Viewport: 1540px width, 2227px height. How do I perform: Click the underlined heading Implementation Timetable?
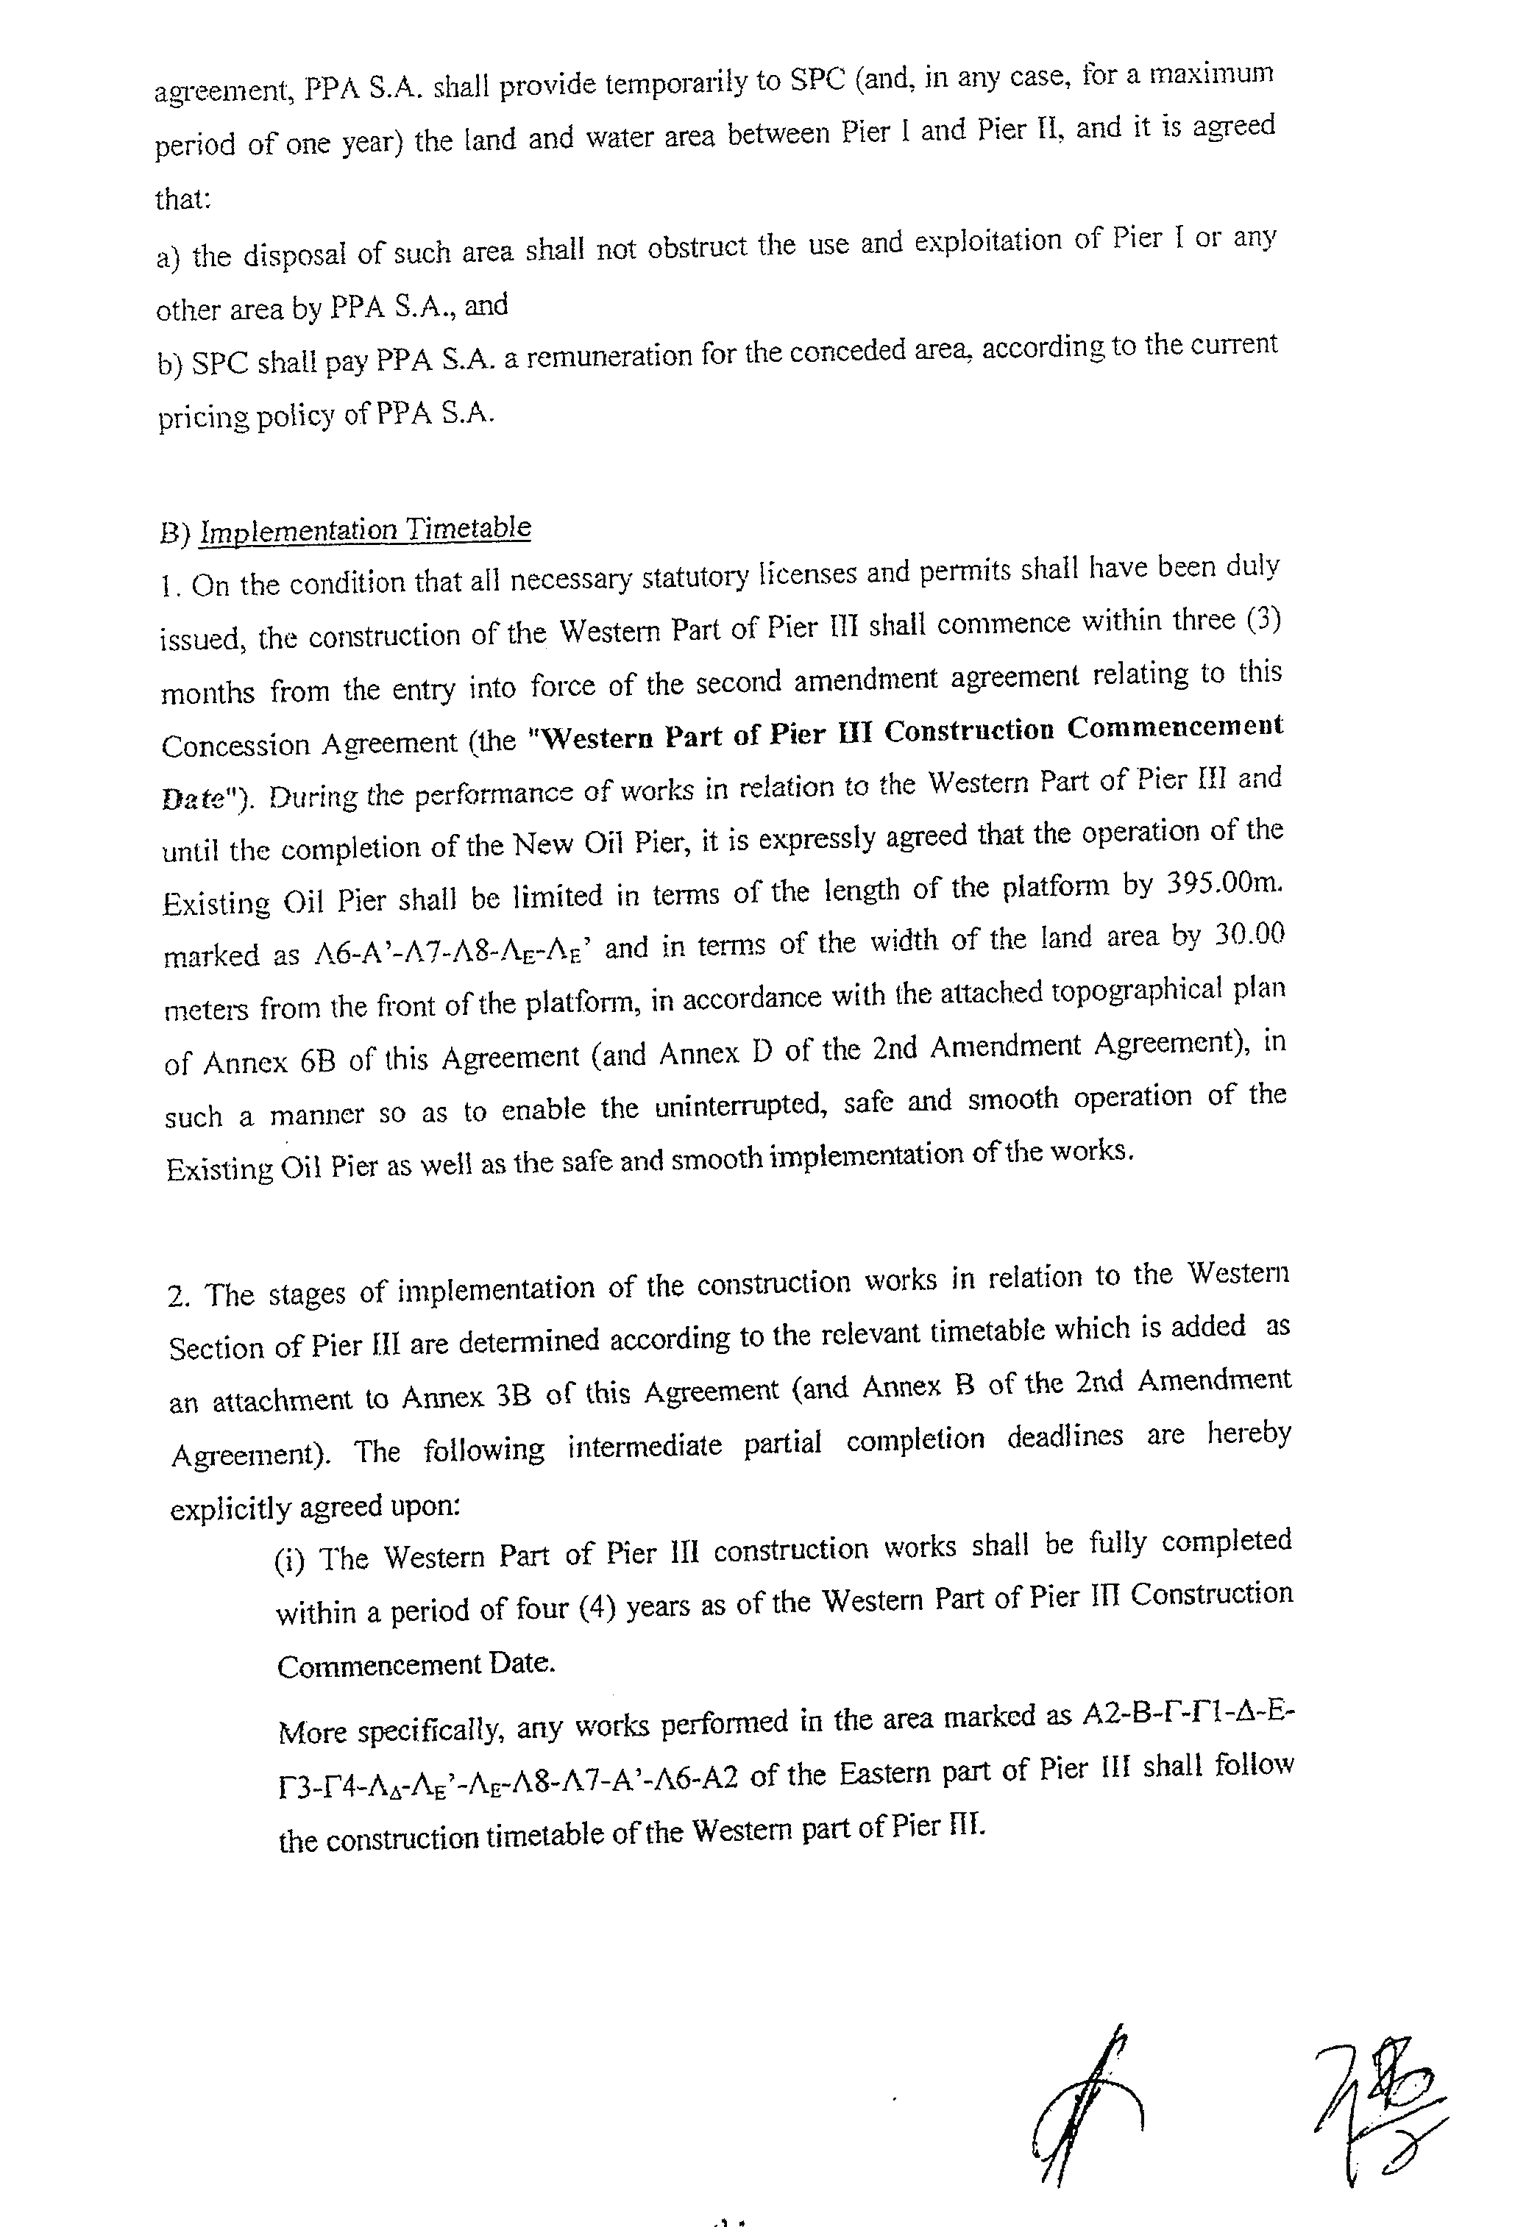(365, 530)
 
